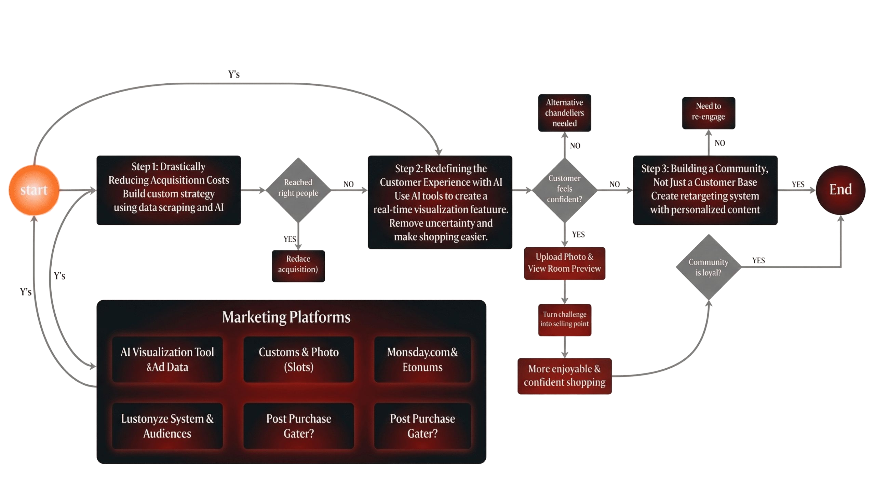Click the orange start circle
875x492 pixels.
click(33, 190)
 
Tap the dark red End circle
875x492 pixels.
click(840, 190)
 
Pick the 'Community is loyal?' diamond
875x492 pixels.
click(708, 267)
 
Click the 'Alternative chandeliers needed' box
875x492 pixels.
click(564, 113)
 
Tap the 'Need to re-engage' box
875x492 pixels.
click(708, 113)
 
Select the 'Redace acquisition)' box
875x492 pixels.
click(298, 266)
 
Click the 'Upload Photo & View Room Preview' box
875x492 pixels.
click(564, 263)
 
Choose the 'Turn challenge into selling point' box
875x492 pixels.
click(564, 320)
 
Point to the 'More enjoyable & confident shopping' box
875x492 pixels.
click(564, 376)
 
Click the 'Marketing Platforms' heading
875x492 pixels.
click(286, 317)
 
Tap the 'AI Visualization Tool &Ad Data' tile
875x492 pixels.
click(167, 359)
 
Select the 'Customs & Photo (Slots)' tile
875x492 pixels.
click(298, 359)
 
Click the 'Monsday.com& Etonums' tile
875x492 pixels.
click(422, 359)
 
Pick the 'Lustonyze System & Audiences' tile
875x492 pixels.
click(167, 426)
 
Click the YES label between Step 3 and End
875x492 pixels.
click(798, 184)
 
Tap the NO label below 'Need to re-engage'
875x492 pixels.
click(719, 143)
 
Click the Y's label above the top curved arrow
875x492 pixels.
click(234, 74)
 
